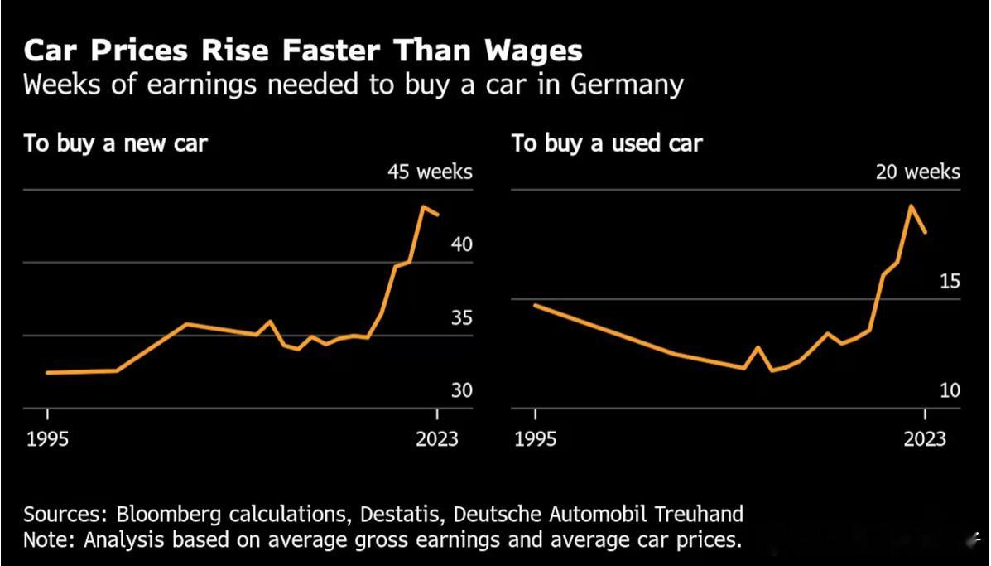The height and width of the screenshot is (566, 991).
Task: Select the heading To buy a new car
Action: (x=115, y=143)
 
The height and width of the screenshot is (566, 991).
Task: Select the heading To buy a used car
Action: (x=607, y=143)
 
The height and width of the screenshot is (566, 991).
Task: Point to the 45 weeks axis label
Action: (x=430, y=172)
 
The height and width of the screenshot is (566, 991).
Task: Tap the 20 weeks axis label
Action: (x=918, y=172)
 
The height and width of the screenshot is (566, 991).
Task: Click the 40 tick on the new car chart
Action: (x=461, y=244)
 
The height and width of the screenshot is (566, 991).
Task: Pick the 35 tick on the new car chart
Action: (x=461, y=317)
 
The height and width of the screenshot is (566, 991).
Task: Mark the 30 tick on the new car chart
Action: (x=461, y=390)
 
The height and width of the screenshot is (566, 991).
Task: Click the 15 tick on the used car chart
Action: (x=950, y=281)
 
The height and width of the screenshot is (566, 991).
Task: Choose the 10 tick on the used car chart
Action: (x=950, y=390)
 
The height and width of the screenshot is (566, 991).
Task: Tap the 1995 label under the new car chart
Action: (x=48, y=438)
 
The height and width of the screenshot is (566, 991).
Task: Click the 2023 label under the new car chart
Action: (x=437, y=438)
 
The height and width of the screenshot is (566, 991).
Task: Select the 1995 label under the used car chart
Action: (x=536, y=438)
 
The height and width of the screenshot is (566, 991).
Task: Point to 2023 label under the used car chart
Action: (x=925, y=438)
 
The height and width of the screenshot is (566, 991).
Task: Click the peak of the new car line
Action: (x=423, y=206)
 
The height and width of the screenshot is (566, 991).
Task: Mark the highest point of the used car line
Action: (x=912, y=206)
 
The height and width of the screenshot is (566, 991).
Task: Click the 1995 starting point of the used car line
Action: (x=536, y=305)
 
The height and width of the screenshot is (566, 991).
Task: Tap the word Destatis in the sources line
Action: (x=403, y=514)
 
